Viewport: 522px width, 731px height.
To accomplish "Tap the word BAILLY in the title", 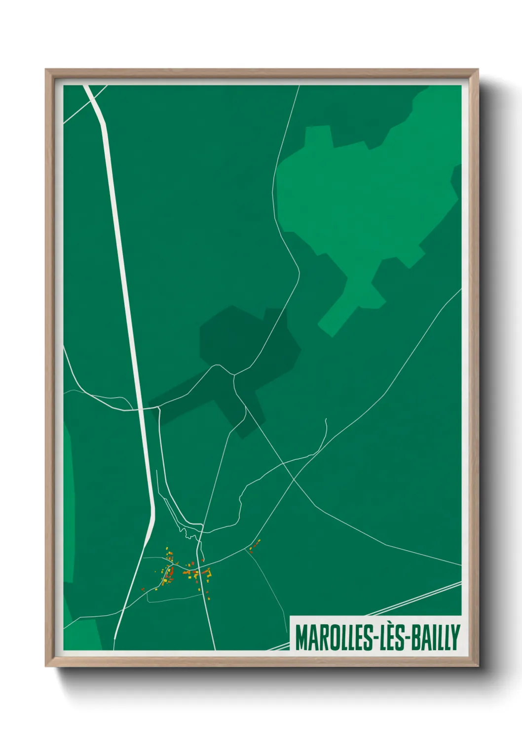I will click(436, 638).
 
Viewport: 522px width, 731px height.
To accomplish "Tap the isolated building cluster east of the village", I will click(254, 545).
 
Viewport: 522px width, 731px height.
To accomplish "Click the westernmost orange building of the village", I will click(143, 589).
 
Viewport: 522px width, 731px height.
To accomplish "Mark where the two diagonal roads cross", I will click(293, 478).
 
